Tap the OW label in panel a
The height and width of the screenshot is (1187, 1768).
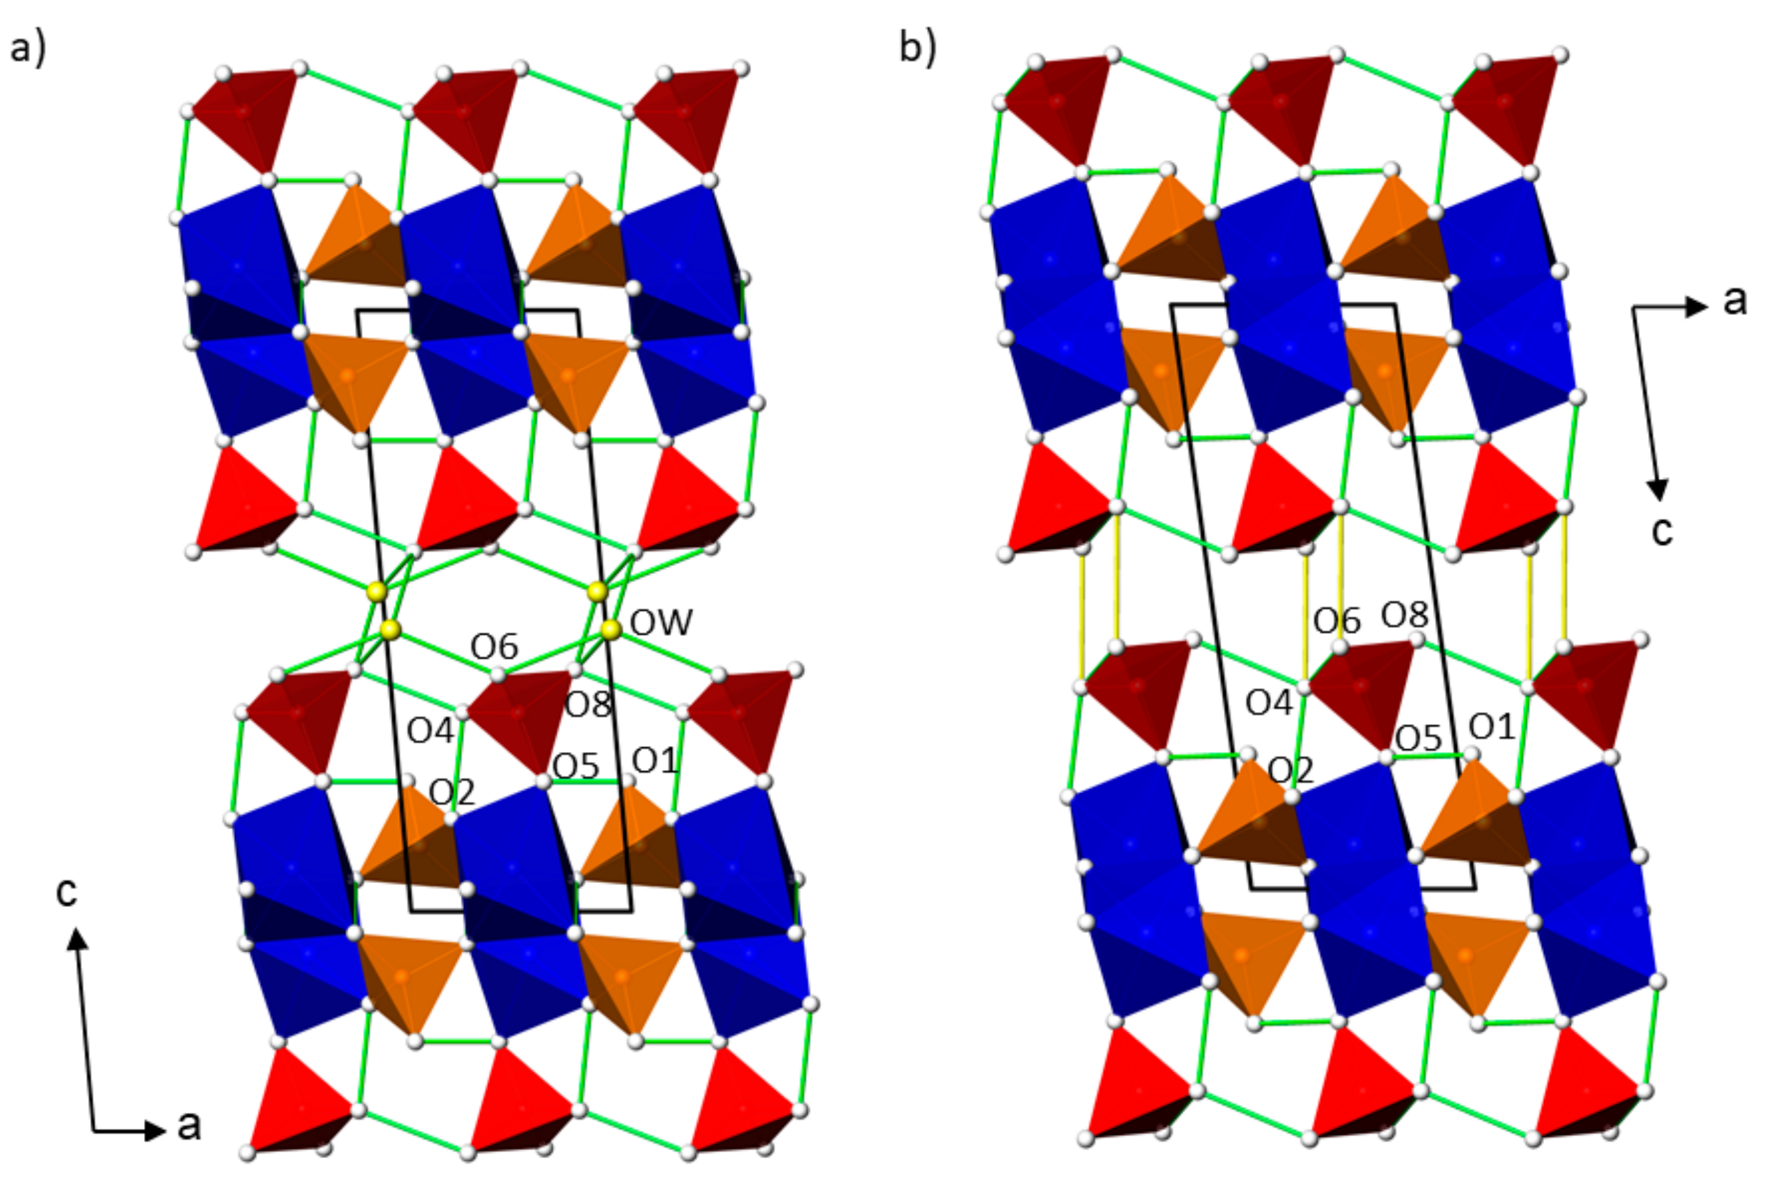point(661,623)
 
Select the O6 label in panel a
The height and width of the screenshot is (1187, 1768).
point(494,647)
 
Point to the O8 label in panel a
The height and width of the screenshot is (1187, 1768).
point(588,705)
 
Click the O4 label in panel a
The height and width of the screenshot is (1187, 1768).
point(431,731)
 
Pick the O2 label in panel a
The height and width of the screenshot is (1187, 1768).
point(452,793)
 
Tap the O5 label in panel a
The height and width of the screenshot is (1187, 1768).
point(576,767)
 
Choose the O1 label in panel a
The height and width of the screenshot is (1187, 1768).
point(655,761)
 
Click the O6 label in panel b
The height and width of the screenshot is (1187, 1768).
point(1337,622)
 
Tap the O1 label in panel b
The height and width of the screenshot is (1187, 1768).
point(1492,727)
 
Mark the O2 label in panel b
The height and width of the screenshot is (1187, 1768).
point(1291,771)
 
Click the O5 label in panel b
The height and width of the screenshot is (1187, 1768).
point(1418,739)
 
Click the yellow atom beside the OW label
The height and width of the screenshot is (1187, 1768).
point(611,629)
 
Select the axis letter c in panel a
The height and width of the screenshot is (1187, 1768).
point(66,893)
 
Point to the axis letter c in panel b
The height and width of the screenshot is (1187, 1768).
point(1662,531)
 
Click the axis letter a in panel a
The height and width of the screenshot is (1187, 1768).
point(189,1126)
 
